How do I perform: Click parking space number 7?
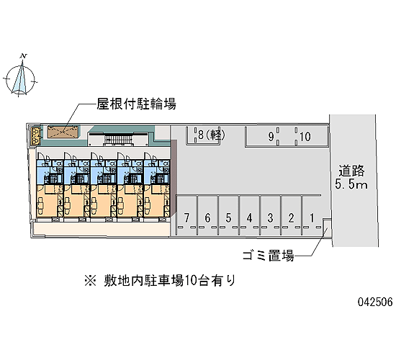coord(186,215)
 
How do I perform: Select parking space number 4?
coord(250,215)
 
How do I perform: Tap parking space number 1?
coord(312,215)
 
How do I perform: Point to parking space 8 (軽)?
coord(203,135)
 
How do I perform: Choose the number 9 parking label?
coord(271,137)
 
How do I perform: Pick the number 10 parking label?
coord(305,137)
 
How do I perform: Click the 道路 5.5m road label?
coord(351,177)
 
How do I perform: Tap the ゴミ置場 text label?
coord(269,256)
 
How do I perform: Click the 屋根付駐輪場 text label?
coord(136,104)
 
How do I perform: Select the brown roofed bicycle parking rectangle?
coord(63,131)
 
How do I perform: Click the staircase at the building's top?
coord(118,139)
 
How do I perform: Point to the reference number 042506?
coord(375,302)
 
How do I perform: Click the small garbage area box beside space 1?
coord(327,228)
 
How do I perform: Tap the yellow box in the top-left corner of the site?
coord(35,135)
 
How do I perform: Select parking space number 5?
coord(228,215)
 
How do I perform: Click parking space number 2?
coord(291,215)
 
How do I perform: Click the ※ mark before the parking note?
coord(90,281)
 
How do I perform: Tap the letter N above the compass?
coord(24,56)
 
